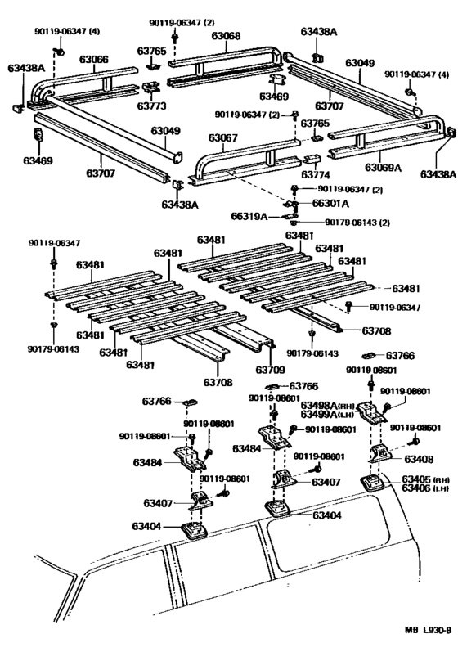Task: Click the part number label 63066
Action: (x=93, y=59)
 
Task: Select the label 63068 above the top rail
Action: (x=225, y=36)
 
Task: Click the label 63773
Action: (x=151, y=106)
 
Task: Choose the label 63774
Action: (x=316, y=174)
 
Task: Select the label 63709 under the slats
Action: (x=269, y=369)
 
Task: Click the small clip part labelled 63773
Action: (x=150, y=88)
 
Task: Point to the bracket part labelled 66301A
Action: (x=291, y=203)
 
